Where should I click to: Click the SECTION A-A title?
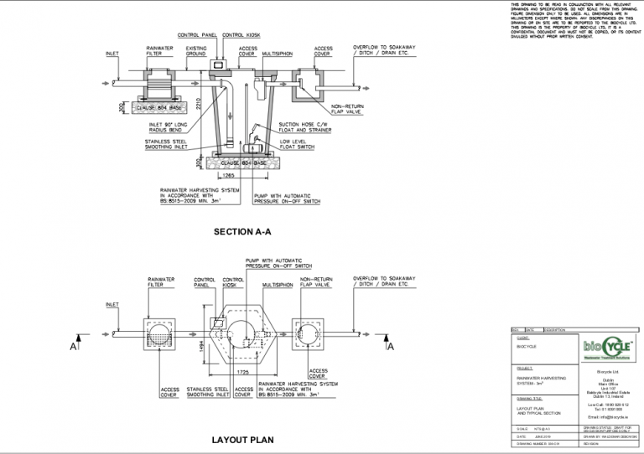click(242, 232)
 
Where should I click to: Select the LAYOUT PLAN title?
click(243, 439)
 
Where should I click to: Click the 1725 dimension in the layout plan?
click(243, 369)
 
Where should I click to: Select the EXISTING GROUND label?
click(196, 52)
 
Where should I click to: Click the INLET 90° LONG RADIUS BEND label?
click(163, 127)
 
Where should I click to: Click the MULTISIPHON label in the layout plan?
click(278, 285)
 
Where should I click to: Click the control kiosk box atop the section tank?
click(221, 65)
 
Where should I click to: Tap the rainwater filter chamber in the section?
click(160, 87)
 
